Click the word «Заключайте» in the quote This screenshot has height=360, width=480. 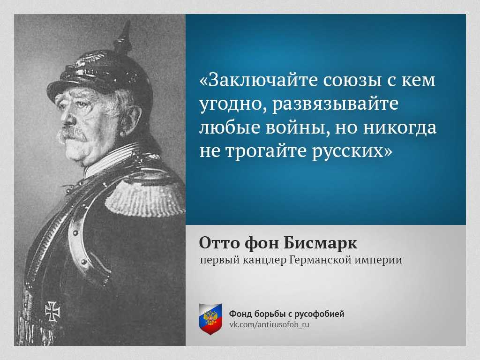click(x=259, y=80)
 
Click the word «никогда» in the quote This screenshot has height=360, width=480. click(x=399, y=127)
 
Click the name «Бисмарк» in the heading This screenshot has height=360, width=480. click(x=321, y=243)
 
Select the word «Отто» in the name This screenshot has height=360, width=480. click(x=220, y=243)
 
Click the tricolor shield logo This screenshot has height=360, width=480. click(x=210, y=319)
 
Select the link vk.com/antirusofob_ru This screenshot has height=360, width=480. click(x=270, y=324)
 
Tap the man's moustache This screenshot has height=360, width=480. click(x=73, y=134)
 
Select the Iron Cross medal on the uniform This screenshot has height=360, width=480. click(x=52, y=311)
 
